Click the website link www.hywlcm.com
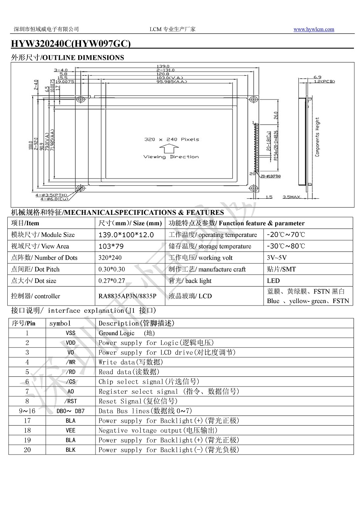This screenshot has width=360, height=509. [x=314, y=29]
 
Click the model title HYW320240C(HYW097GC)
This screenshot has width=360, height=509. [x=71, y=44]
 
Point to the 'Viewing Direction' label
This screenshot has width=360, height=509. [x=171, y=157]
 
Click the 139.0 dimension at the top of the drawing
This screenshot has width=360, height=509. [x=162, y=66]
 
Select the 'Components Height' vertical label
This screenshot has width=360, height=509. [x=317, y=137]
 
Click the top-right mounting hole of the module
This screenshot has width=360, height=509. [x=254, y=100]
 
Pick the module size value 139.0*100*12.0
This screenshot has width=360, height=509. [x=126, y=235]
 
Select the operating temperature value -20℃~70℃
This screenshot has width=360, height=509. [x=286, y=235]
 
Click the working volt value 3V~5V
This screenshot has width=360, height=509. [x=277, y=258]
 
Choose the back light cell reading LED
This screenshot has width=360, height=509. [x=273, y=281]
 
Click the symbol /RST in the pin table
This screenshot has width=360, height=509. [x=71, y=401]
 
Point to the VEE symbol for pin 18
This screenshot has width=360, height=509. [x=71, y=430]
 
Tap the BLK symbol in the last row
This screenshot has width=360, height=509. [x=71, y=450]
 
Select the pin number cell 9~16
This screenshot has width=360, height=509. [x=27, y=411]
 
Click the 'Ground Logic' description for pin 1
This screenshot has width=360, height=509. [x=117, y=333]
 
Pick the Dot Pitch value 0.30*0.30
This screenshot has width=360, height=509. [x=112, y=269]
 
